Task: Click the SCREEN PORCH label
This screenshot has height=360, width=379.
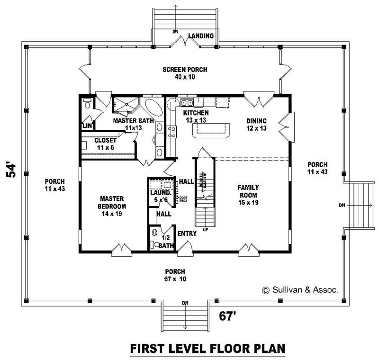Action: click(x=185, y=73)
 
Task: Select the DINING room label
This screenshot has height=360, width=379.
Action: click(x=256, y=124)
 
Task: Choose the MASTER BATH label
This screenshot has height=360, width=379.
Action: click(x=134, y=124)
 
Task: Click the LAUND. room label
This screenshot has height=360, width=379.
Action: click(x=160, y=196)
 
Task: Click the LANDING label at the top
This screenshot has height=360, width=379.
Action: click(x=201, y=36)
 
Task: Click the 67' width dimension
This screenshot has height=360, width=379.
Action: click(x=228, y=315)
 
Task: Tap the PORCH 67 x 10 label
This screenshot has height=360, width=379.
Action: click(x=175, y=275)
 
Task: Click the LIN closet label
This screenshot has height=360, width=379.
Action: click(x=87, y=126)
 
